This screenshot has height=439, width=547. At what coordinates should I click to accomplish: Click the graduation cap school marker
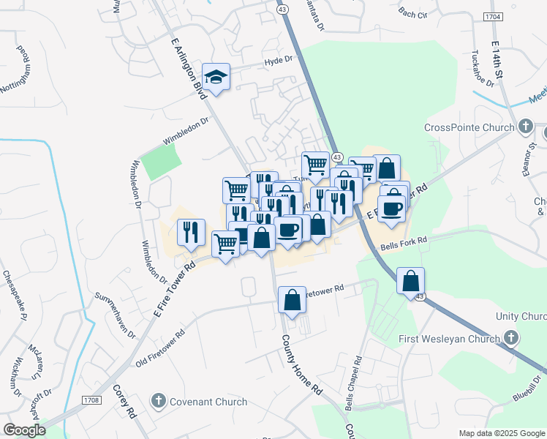tap(216, 76)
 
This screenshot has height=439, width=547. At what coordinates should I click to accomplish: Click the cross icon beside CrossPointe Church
tap(525, 127)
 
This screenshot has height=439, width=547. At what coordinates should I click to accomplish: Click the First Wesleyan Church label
tap(449, 339)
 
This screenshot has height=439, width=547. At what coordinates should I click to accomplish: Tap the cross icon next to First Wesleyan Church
tap(511, 338)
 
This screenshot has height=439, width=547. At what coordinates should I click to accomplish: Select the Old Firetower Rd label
tap(160, 350)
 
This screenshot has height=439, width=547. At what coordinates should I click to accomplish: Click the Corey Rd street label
tap(123, 402)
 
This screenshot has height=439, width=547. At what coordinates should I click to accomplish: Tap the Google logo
tap(24, 430)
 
